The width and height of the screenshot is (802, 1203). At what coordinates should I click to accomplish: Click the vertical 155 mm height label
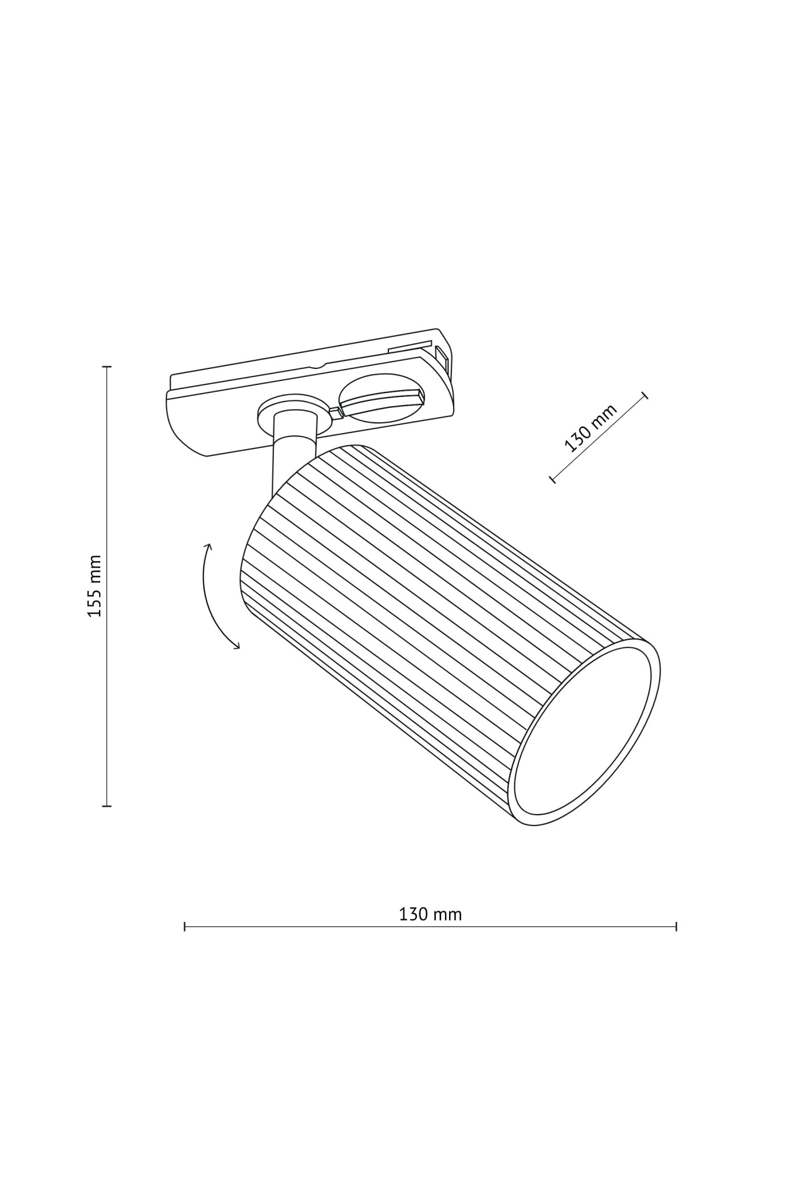[95, 585]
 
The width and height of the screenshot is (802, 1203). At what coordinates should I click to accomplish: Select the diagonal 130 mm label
[591, 428]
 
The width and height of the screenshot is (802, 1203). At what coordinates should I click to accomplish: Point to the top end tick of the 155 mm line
[107, 366]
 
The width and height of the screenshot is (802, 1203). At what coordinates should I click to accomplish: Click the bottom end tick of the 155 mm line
[107, 806]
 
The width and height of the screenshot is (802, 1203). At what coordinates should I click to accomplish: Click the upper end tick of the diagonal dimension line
[645, 395]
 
